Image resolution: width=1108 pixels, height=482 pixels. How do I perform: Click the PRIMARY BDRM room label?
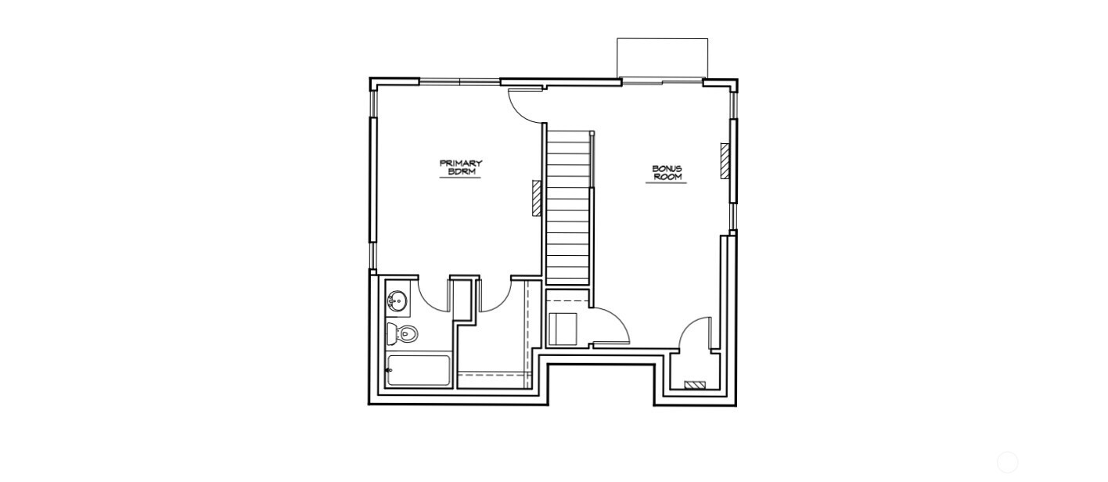460,167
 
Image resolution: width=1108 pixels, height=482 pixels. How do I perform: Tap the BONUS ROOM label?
667,172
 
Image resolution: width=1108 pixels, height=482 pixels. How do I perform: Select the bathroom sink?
397,300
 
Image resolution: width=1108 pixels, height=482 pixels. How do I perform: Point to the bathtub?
419,371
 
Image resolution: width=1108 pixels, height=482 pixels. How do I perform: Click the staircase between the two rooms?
567,207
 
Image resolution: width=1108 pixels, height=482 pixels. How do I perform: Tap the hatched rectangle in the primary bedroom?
537,198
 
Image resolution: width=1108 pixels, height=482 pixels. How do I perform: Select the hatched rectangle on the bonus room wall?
725,161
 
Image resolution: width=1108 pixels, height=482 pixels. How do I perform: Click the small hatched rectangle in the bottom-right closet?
695,385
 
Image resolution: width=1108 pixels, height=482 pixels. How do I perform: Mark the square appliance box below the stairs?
563,329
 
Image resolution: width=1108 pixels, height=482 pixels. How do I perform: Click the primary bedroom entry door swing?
525,106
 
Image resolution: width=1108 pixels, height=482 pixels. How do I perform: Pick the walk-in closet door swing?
495,296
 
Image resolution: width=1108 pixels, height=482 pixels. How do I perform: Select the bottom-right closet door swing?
695,333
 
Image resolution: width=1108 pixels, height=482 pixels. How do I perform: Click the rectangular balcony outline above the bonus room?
662,58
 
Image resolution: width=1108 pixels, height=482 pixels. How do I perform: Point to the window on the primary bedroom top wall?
459,81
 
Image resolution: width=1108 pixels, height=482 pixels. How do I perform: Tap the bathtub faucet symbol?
389,371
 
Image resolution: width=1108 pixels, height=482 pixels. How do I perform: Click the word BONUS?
667,168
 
